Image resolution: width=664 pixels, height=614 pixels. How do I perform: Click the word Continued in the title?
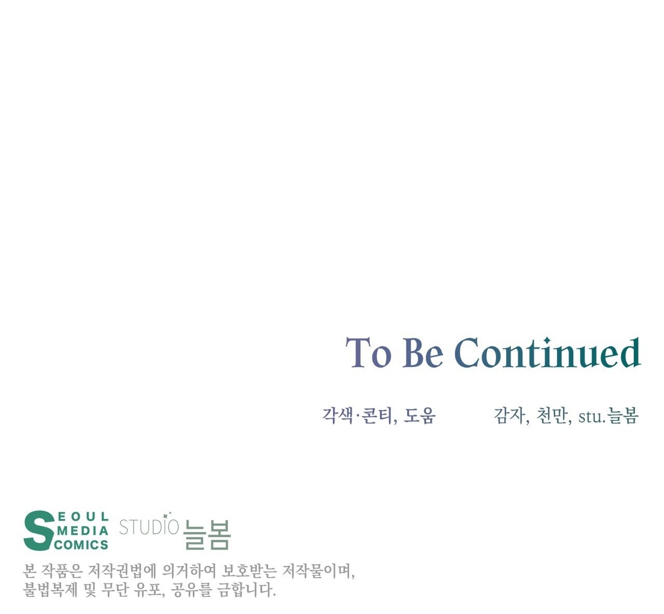547,352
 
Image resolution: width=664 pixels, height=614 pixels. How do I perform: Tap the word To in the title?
368,352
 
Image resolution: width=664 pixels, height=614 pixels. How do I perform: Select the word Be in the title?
423,352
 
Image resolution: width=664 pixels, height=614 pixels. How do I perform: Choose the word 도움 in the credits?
420,416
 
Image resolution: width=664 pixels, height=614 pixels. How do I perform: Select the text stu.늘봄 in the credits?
608,416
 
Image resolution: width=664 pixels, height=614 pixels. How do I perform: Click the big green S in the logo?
39,530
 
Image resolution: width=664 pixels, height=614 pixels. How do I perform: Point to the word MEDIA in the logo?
82,530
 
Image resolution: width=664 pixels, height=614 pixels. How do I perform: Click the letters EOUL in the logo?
83,516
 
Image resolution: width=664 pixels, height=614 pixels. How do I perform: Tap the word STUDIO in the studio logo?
149,527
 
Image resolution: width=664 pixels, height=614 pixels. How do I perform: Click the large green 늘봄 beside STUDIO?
207,535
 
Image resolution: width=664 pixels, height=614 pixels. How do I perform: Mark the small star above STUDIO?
169,513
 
